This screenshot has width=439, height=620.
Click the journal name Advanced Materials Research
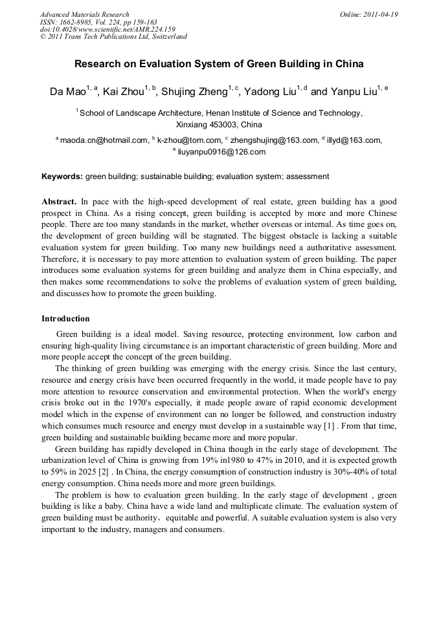pyautogui.click(x=84, y=14)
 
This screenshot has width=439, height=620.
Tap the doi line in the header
pyautogui.click(x=107, y=29)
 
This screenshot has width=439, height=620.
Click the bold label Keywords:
pyautogui.click(x=62, y=176)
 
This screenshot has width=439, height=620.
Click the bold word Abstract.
pyautogui.click(x=59, y=202)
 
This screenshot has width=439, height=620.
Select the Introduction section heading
pyautogui.click(x=65, y=319)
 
